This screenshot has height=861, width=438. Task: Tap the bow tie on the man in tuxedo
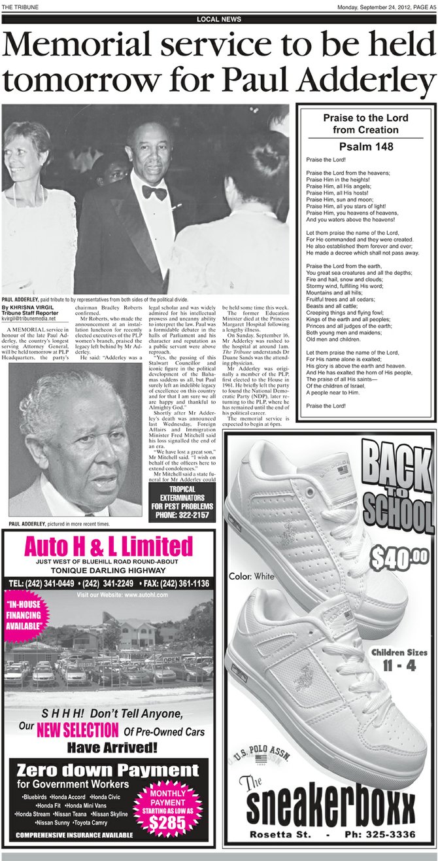pos(154,192)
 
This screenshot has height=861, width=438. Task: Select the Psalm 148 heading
pos(365,147)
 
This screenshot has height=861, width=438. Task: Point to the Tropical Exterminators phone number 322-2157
pos(180,516)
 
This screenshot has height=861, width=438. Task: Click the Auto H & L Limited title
pos(109,546)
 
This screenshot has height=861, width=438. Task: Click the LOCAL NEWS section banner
pos(219,19)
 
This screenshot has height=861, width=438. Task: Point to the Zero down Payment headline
pos(108,771)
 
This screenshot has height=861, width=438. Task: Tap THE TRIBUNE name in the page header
pos(20,7)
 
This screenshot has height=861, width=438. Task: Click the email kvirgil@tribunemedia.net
pos(29,319)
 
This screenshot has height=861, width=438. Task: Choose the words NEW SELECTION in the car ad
pos(77,729)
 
